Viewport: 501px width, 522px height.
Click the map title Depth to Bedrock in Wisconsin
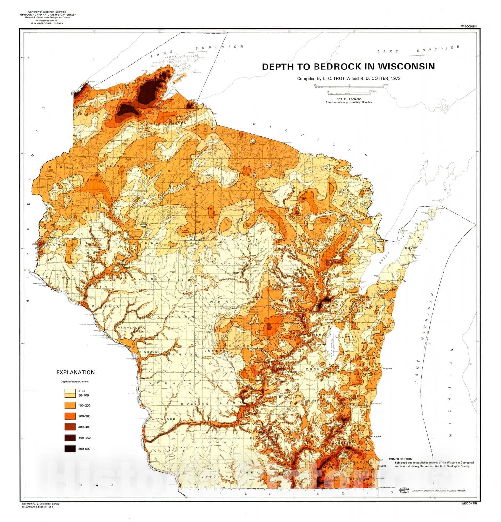pyautogui.click(x=348, y=67)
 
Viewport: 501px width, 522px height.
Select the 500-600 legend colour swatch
pyautogui.click(x=70, y=449)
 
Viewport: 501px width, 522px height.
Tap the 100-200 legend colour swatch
pyautogui.click(x=70, y=405)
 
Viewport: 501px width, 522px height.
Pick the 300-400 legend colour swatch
pyautogui.click(x=70, y=427)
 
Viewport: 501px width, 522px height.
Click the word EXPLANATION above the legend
pyautogui.click(x=76, y=372)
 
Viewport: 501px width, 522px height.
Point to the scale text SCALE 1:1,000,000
pyautogui.click(x=349, y=99)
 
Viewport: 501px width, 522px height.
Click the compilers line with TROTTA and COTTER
pyautogui.click(x=348, y=78)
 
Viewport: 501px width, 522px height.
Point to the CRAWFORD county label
pyautogui.click(x=163, y=419)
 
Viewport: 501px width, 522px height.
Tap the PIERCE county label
pyautogui.click(x=61, y=277)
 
